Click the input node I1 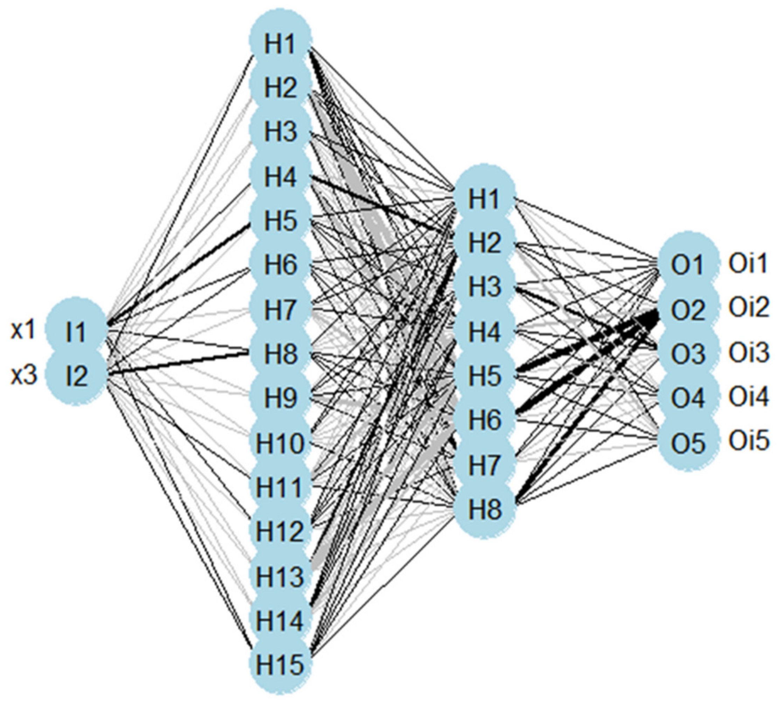(x=76, y=332)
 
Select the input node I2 (x=76, y=376)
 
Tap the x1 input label (x=23, y=331)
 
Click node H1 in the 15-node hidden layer (x=280, y=44)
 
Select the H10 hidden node (x=280, y=443)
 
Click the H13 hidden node (x=280, y=576)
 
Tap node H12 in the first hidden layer (x=280, y=531)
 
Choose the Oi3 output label (x=748, y=353)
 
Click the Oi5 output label (x=748, y=441)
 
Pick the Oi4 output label (x=748, y=397)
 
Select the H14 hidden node (x=280, y=620)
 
